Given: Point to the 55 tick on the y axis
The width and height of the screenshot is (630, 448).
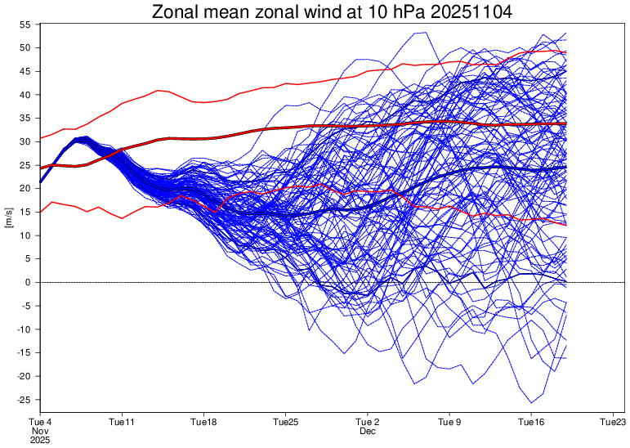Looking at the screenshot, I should (25, 25).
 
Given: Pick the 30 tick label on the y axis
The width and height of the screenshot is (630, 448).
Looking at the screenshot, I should (25, 141).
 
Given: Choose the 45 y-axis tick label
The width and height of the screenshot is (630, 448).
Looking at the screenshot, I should (25, 71).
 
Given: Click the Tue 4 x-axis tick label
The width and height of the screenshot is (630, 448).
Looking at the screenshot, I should (39, 422).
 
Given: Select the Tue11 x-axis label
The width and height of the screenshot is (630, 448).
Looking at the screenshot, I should (121, 422).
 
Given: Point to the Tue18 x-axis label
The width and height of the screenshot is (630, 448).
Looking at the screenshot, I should (203, 422).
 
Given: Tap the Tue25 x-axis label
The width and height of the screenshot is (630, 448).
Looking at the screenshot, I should (285, 422).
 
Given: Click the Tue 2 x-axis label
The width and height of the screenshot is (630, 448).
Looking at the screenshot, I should (367, 422).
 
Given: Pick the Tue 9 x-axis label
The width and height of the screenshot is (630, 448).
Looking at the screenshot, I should (449, 422).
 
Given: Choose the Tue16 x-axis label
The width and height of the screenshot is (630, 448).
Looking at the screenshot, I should (531, 422).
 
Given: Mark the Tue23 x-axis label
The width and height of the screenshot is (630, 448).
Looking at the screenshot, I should (613, 422).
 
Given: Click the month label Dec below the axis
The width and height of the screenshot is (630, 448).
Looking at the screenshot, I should (367, 430).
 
